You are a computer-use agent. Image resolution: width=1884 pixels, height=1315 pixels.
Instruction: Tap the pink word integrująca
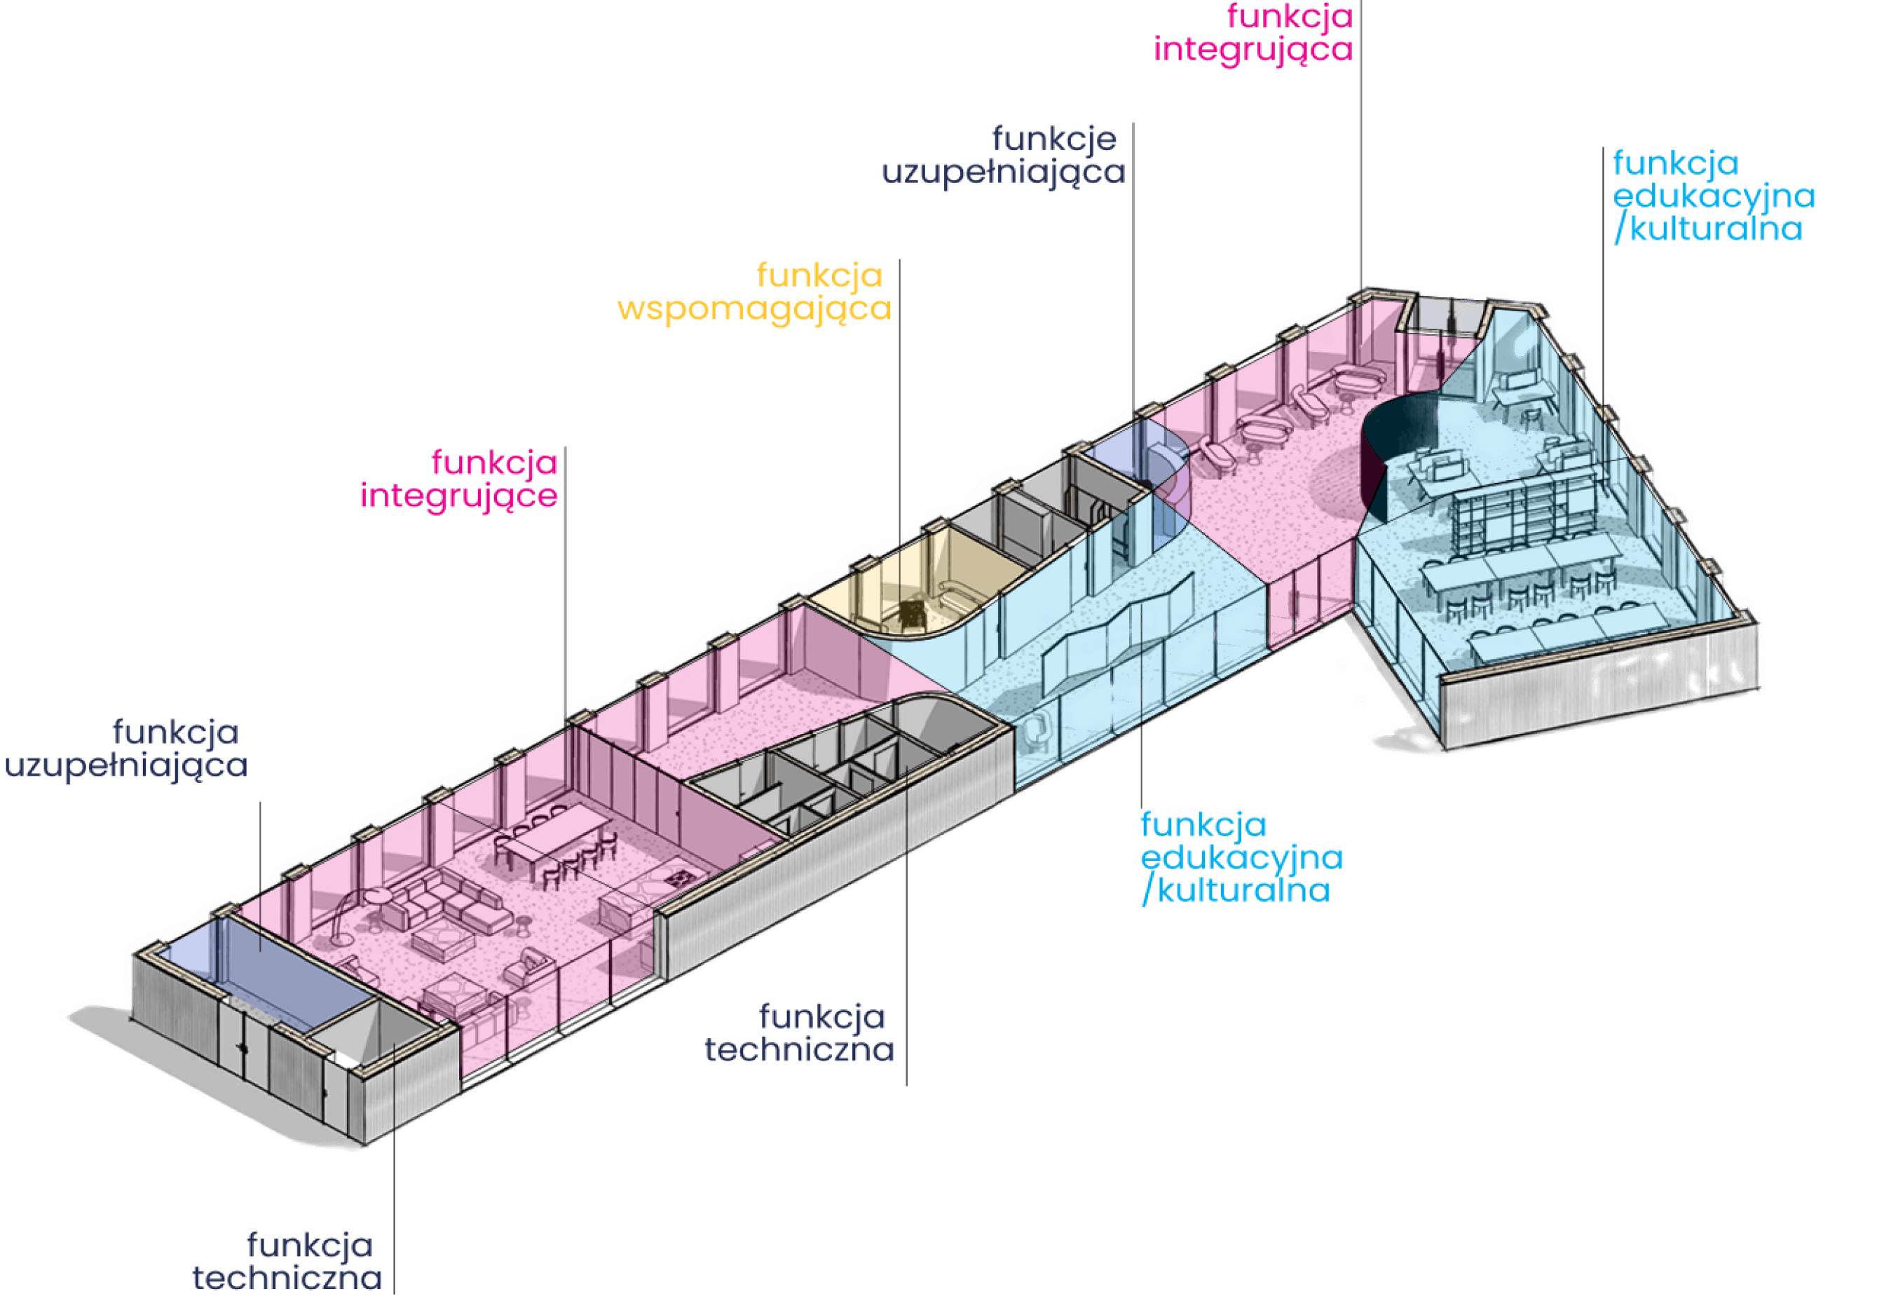click(x=1252, y=49)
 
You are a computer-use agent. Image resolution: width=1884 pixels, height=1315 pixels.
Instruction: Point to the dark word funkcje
click(x=1053, y=139)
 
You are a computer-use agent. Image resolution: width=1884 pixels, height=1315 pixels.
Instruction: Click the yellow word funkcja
click(x=819, y=275)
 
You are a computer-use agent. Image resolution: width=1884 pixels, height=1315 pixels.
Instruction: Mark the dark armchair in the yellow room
click(x=912, y=611)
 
